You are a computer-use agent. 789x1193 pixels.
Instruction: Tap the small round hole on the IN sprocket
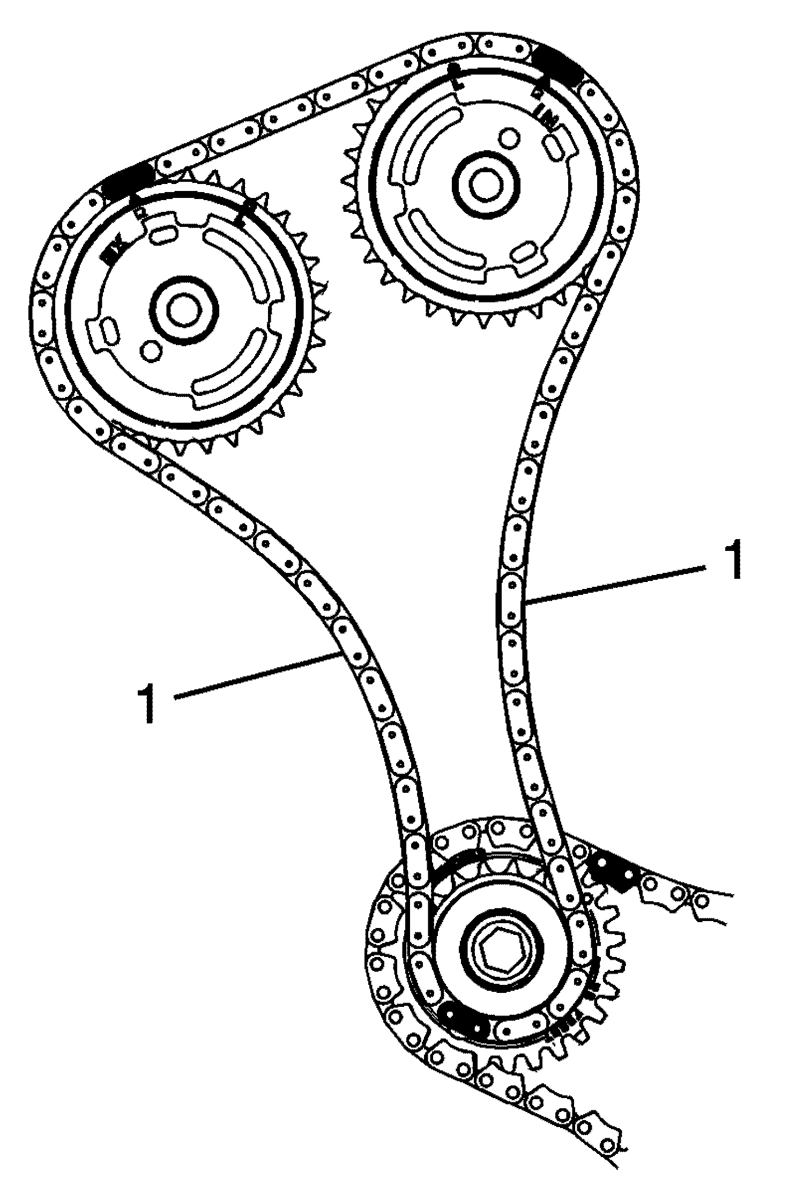click(x=508, y=138)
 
